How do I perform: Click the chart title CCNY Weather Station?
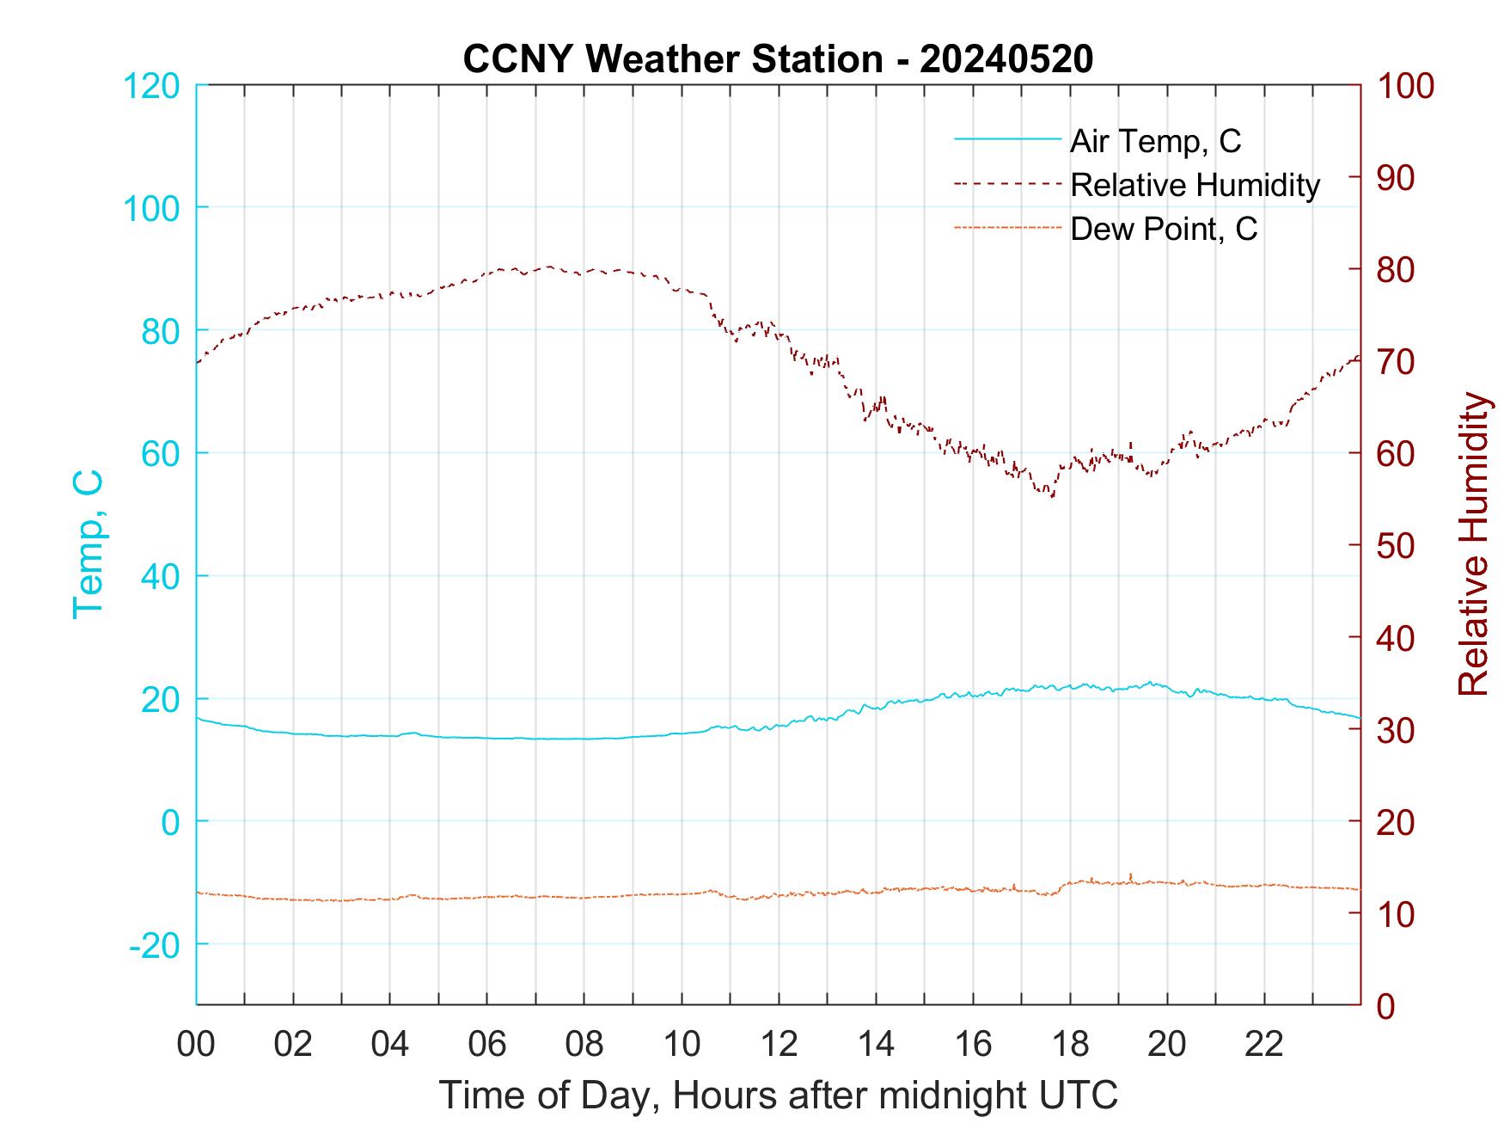778,59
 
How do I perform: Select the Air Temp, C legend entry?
1155,141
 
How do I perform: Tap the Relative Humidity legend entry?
1195,185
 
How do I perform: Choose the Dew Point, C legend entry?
1164,230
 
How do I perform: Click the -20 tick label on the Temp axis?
155,945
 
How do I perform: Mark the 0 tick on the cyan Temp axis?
170,822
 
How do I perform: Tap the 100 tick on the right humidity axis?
1405,86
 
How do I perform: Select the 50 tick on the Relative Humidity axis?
1396,545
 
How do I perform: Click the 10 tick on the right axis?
1394,913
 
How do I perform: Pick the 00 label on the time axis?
196,1045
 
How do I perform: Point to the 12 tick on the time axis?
779,1045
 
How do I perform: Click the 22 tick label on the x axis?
1264,1045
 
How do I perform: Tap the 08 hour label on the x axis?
584,1045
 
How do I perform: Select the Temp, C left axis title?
88,544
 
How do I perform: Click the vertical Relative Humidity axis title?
1472,544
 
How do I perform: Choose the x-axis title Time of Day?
778,1095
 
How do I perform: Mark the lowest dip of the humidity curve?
1052,496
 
